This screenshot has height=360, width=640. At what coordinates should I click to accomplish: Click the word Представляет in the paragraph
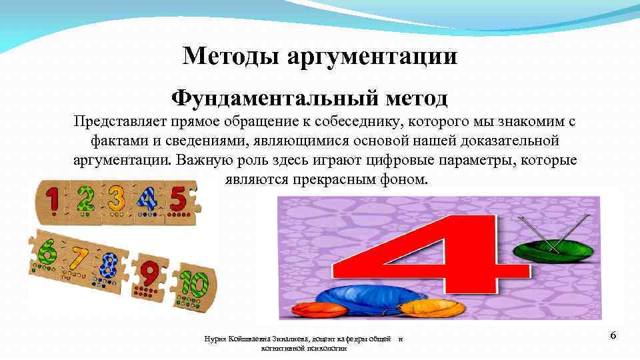[x=121, y=123]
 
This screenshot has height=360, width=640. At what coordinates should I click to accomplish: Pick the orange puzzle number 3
[x=116, y=199]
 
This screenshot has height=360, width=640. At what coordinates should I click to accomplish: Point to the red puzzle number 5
[x=177, y=198]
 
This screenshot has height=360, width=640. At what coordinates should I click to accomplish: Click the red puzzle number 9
[x=150, y=274]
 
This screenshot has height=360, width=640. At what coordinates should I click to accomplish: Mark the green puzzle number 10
[x=193, y=285]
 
